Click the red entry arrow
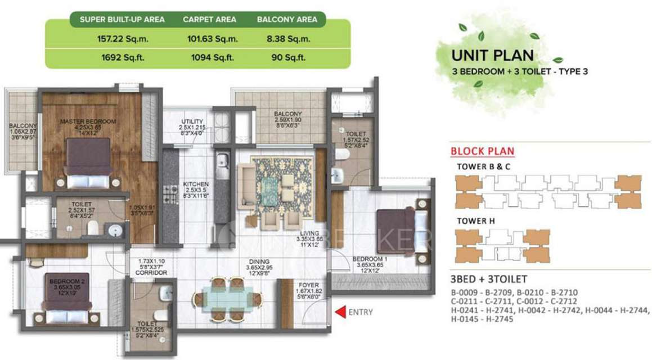point(339,312)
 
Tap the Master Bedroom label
point(88,121)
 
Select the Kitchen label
point(196,184)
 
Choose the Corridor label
point(152,272)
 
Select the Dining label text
point(260,262)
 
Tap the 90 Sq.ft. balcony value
point(287,57)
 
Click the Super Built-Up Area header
point(122,19)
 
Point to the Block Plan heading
point(482,151)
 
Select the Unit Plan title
point(493,56)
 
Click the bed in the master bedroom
point(88,163)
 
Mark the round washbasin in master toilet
point(116,229)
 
